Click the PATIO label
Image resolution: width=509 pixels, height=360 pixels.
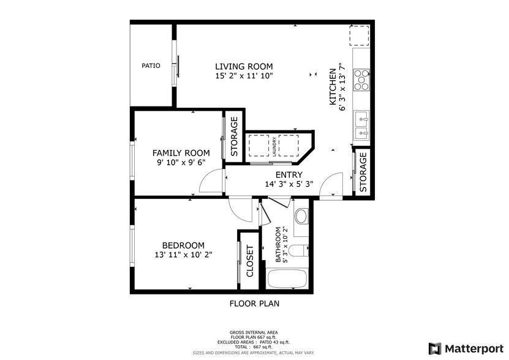(151, 66)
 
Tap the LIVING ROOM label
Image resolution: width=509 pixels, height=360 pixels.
(244, 66)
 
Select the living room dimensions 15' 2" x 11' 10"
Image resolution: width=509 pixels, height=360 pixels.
(244, 76)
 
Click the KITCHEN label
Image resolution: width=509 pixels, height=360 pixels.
(333, 87)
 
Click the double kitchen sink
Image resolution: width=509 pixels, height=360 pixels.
(361, 124)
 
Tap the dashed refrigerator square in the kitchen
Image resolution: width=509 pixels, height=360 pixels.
(360, 37)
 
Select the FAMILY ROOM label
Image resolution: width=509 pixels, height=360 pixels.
(181, 153)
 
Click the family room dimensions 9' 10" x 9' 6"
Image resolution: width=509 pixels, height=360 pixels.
(181, 163)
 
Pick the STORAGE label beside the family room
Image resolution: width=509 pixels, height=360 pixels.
(233, 137)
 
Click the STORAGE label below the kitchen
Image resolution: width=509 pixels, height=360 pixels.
(363, 173)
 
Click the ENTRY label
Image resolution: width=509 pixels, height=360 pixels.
(288, 174)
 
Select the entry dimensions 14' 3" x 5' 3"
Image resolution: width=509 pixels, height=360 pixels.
(288, 184)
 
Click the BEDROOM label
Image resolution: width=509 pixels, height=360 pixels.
(183, 246)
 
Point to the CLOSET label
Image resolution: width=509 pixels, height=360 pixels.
(249, 261)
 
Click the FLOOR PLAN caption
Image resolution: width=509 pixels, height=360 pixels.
(254, 303)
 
